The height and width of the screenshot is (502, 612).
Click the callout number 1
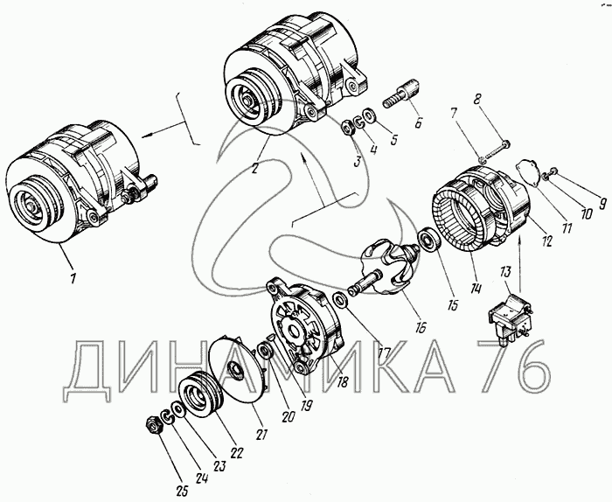click(x=73, y=279)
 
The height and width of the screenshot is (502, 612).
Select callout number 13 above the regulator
click(x=505, y=272)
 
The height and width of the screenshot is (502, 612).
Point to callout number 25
click(x=183, y=491)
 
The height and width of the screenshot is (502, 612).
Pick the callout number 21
click(x=261, y=434)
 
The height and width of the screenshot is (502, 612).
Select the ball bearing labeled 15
click(x=429, y=240)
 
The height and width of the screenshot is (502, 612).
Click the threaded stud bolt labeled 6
click(x=400, y=94)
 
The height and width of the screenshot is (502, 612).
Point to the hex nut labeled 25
click(x=153, y=425)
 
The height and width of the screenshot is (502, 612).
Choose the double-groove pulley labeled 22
click(x=201, y=396)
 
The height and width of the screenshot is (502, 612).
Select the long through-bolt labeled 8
click(x=495, y=151)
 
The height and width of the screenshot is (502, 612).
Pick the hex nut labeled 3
click(x=348, y=128)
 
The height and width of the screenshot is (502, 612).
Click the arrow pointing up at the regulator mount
click(x=520, y=265)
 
